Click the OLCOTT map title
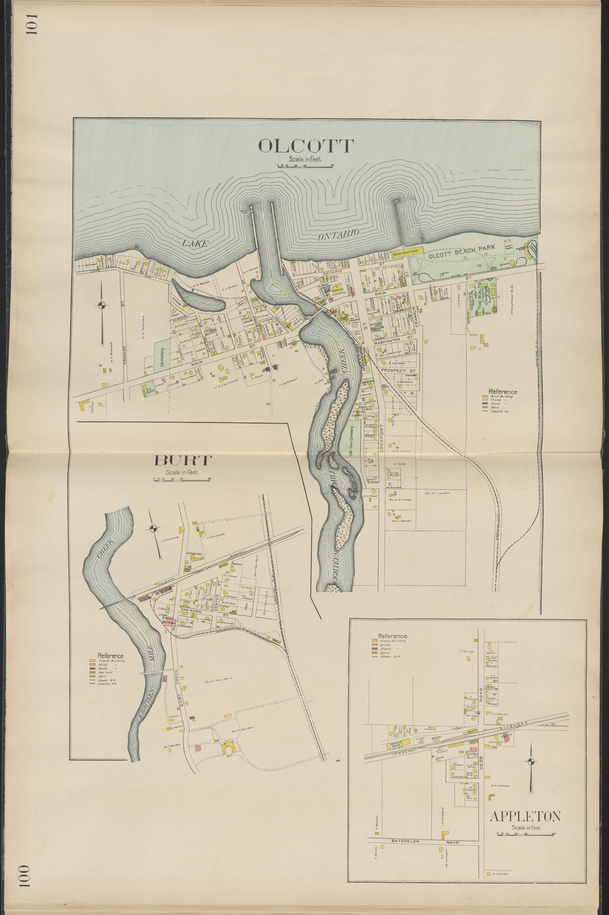click(x=306, y=146)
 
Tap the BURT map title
click(x=183, y=460)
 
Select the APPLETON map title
click(x=525, y=816)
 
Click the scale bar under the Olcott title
click(x=304, y=166)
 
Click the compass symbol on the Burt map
click(x=154, y=528)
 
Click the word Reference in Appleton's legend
click(x=393, y=636)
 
